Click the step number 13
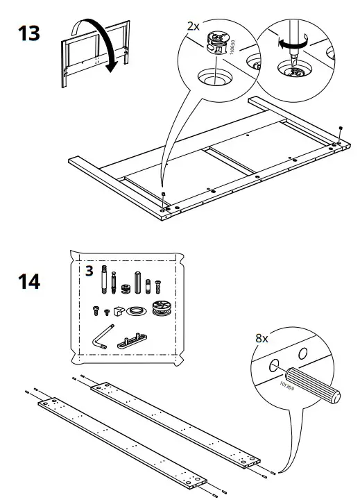27,33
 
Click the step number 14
28,282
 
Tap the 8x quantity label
262,339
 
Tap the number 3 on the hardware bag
89,269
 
